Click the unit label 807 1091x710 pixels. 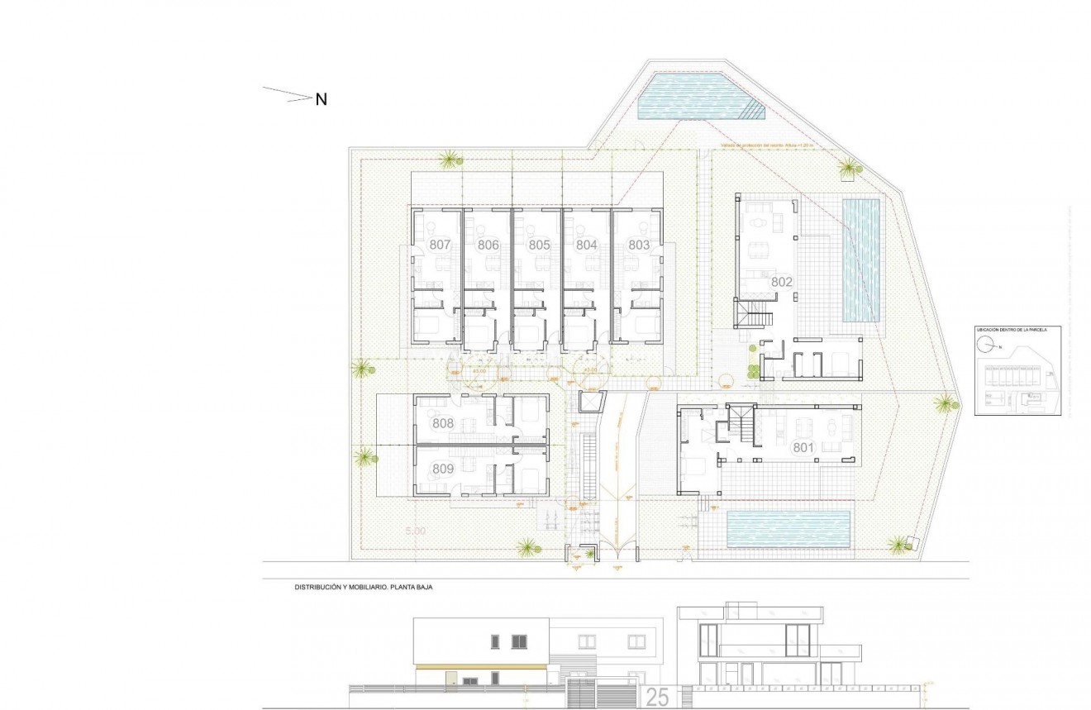[x=440, y=245]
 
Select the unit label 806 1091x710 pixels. [x=488, y=245]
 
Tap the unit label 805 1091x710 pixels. [x=539, y=245]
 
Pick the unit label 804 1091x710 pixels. [x=587, y=245]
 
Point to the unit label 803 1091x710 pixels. [x=638, y=245]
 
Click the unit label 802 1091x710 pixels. [x=782, y=282]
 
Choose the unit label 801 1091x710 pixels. [x=804, y=448]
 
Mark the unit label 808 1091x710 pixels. [x=443, y=423]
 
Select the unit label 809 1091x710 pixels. [x=443, y=469]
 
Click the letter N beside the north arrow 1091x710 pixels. [x=322, y=99]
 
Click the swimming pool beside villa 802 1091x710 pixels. [x=860, y=260]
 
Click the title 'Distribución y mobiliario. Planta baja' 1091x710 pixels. [x=364, y=588]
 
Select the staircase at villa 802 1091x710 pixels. [x=755, y=314]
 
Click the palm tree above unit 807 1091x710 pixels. [x=450, y=158]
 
